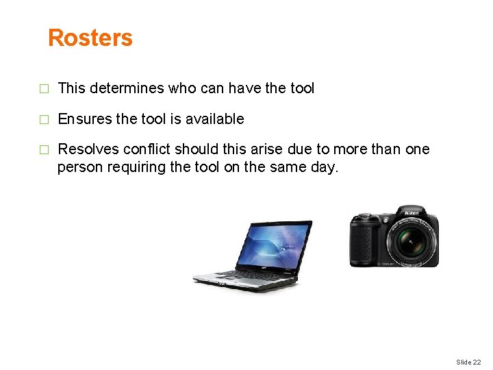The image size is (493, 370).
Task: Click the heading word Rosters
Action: (90, 38)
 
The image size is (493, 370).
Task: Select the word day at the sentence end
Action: (324, 167)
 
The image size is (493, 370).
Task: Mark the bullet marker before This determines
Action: (45, 89)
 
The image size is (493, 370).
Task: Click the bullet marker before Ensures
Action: (45, 120)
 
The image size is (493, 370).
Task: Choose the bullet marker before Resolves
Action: (45, 150)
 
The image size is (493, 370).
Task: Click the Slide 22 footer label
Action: (468, 362)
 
